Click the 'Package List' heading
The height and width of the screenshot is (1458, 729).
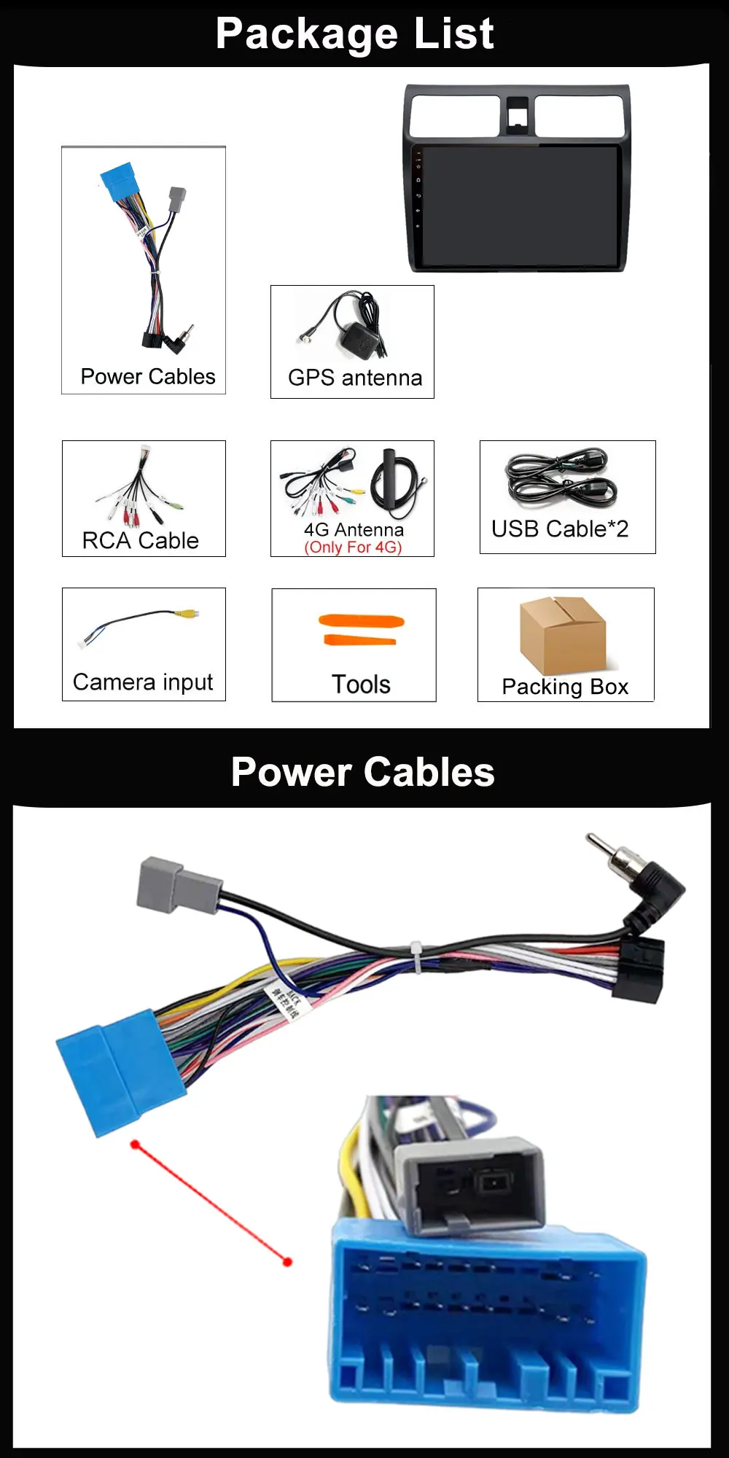click(355, 34)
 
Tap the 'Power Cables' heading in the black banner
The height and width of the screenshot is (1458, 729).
click(362, 772)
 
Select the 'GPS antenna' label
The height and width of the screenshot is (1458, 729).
click(355, 378)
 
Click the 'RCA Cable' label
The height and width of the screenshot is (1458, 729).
click(141, 540)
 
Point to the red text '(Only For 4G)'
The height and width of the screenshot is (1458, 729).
click(353, 547)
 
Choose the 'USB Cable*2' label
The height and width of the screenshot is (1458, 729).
click(560, 529)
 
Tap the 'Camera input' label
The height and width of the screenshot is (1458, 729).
click(143, 682)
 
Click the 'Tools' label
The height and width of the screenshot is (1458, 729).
click(361, 685)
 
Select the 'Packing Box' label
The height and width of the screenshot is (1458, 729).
click(565, 687)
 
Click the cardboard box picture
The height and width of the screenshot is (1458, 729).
click(562, 634)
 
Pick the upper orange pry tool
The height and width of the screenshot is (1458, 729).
click(362, 621)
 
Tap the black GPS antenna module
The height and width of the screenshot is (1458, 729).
click(358, 338)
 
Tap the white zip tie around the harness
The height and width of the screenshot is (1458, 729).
click(416, 956)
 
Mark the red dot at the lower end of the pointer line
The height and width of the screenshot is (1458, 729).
click(287, 1262)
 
